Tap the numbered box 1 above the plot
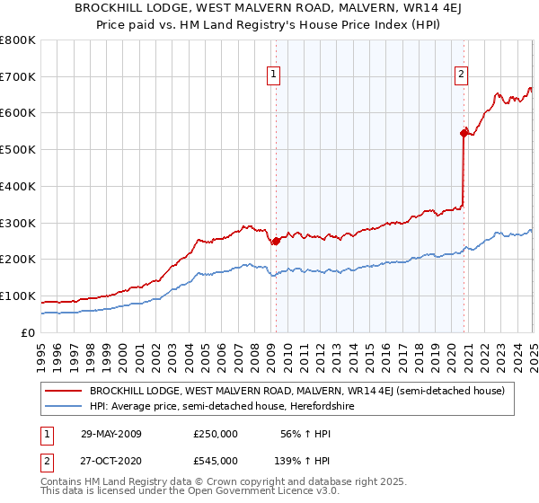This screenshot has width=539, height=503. click(x=273, y=75)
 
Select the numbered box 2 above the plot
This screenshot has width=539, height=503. click(x=461, y=75)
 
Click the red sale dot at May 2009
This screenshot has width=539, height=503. click(x=276, y=241)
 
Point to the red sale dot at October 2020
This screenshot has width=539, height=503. click(x=464, y=133)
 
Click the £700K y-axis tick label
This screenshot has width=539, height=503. click(x=18, y=77)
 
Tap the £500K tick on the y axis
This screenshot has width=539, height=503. click(x=18, y=150)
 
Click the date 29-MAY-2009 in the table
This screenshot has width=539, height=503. click(x=111, y=434)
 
